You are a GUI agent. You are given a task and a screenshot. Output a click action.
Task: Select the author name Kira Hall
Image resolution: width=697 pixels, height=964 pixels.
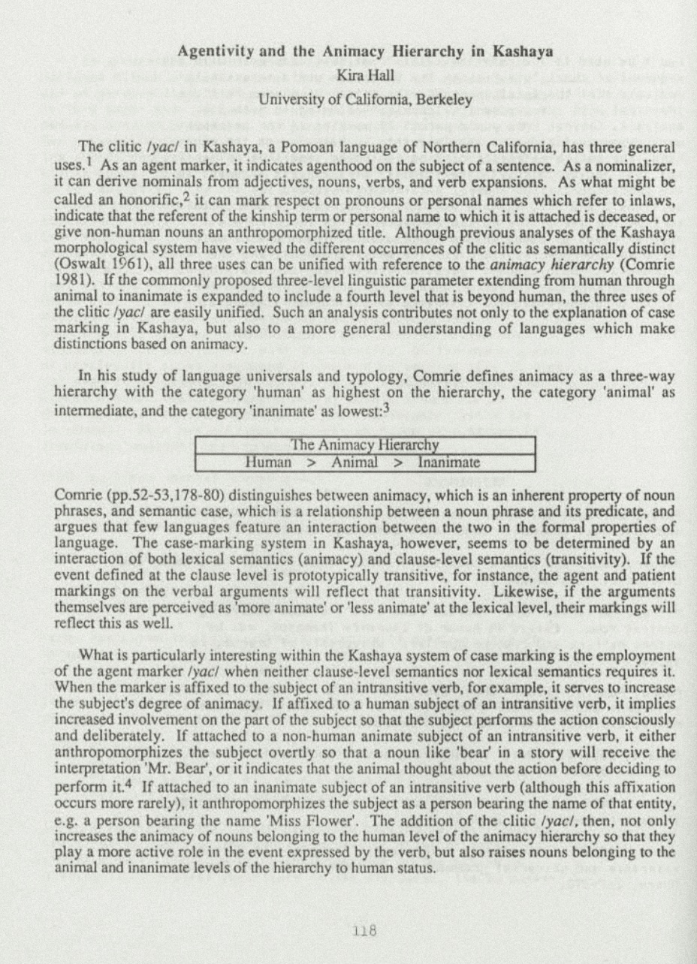(365, 74)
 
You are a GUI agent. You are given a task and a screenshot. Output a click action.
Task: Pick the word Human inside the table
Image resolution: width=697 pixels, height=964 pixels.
(268, 462)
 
